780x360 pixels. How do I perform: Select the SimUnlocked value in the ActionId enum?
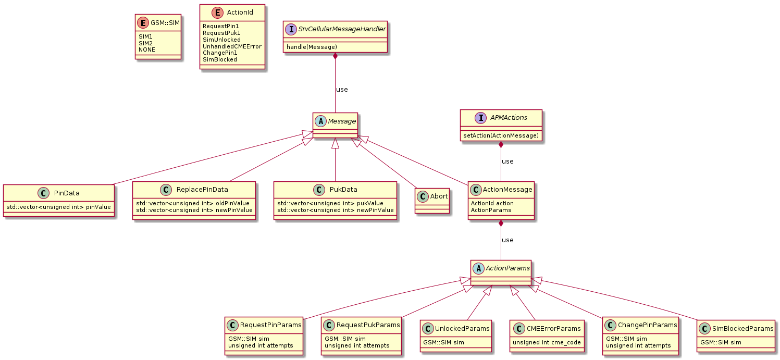221,40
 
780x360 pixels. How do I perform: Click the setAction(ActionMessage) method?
501,135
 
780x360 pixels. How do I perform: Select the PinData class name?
67,193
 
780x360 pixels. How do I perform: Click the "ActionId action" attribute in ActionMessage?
492,203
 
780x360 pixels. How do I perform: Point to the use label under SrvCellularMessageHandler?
342,89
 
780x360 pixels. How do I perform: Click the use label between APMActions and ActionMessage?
507,161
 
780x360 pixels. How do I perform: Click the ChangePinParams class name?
647,325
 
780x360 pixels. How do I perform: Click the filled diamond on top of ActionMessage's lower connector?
501,223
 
